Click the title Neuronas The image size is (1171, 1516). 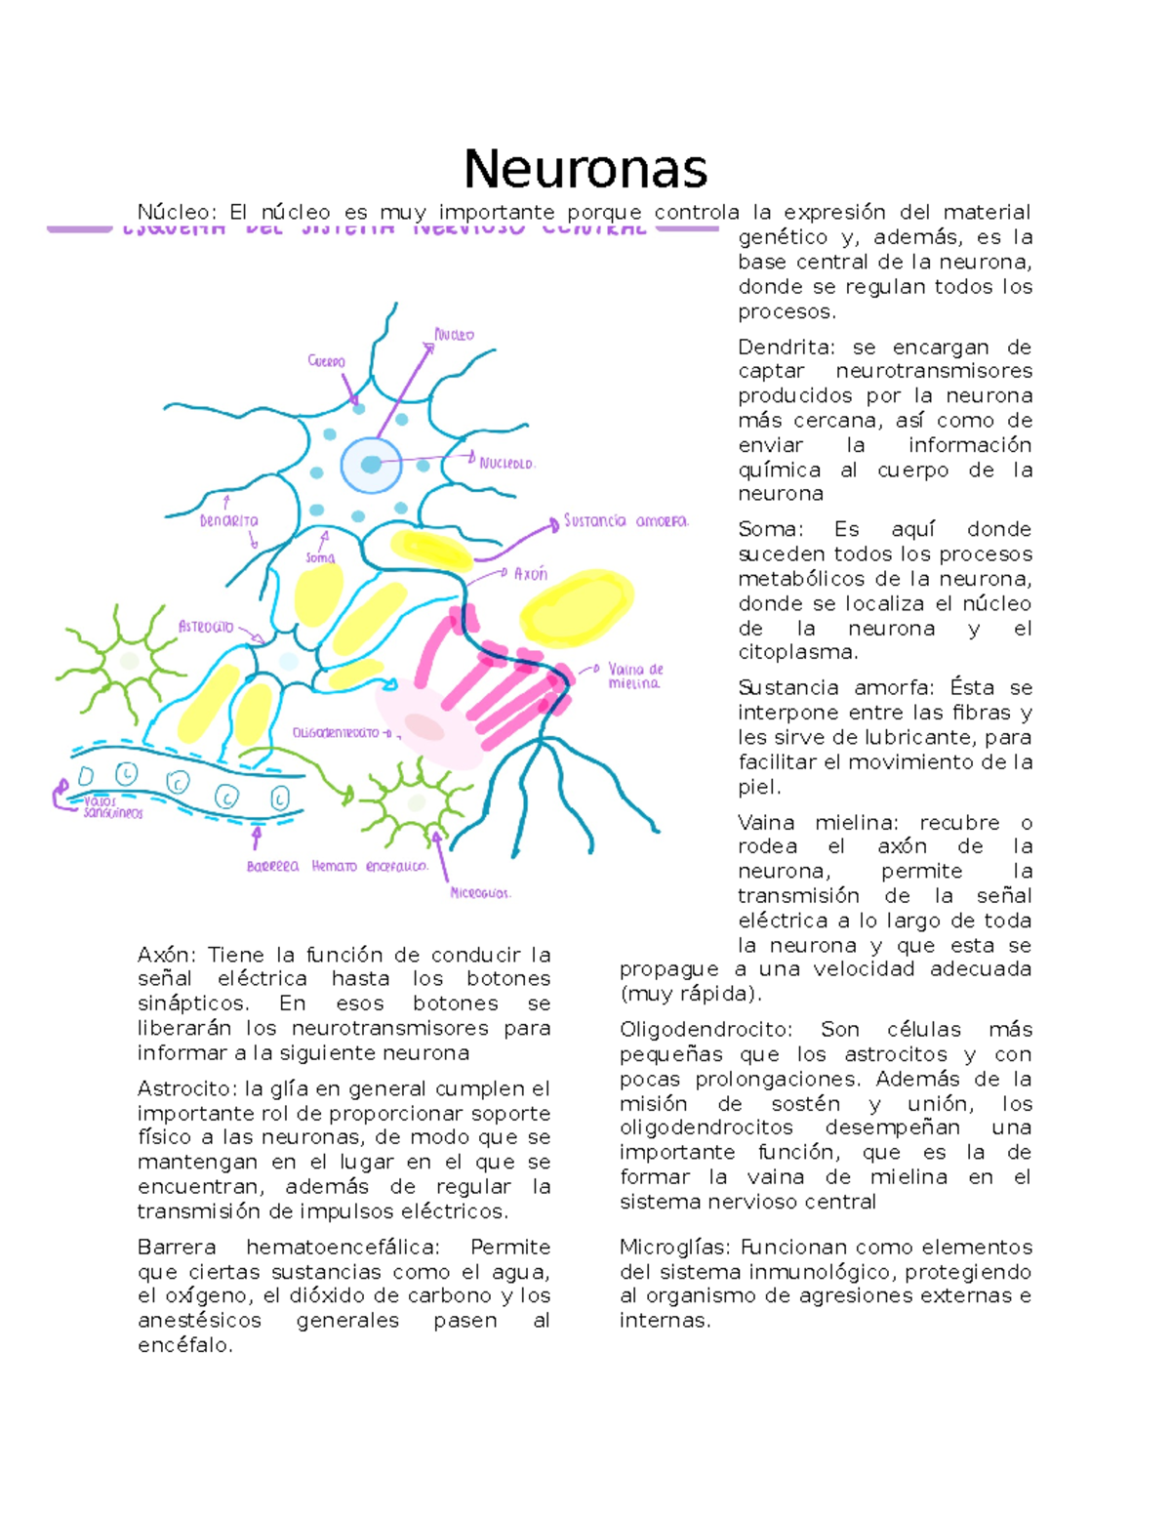point(585,169)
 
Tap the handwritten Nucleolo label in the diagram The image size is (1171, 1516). point(506,464)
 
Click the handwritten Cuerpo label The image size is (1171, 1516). point(326,361)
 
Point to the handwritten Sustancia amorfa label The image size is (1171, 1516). point(626,521)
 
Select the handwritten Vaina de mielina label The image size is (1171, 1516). point(634,676)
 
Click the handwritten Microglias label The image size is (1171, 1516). point(480,892)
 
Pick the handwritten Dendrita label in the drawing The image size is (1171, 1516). point(228,521)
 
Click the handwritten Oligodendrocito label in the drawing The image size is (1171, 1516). point(336,732)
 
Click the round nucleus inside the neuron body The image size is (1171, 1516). point(371,465)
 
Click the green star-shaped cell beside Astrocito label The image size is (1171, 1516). point(125,660)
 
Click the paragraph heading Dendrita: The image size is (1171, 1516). point(787,348)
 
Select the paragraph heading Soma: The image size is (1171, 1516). point(770,529)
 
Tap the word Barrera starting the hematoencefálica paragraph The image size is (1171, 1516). point(177,1247)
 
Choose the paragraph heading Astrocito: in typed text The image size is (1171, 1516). point(186,1088)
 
